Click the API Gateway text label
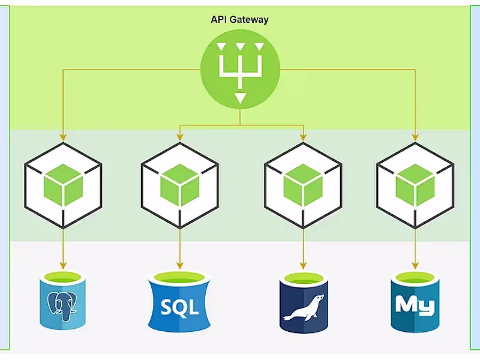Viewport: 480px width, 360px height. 239,20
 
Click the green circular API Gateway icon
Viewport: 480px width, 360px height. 240,70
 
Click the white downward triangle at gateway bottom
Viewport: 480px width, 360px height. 240,98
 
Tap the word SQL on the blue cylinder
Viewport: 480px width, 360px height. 180,308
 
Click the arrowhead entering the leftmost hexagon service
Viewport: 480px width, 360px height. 63,137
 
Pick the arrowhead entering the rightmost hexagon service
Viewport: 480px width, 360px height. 415,137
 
